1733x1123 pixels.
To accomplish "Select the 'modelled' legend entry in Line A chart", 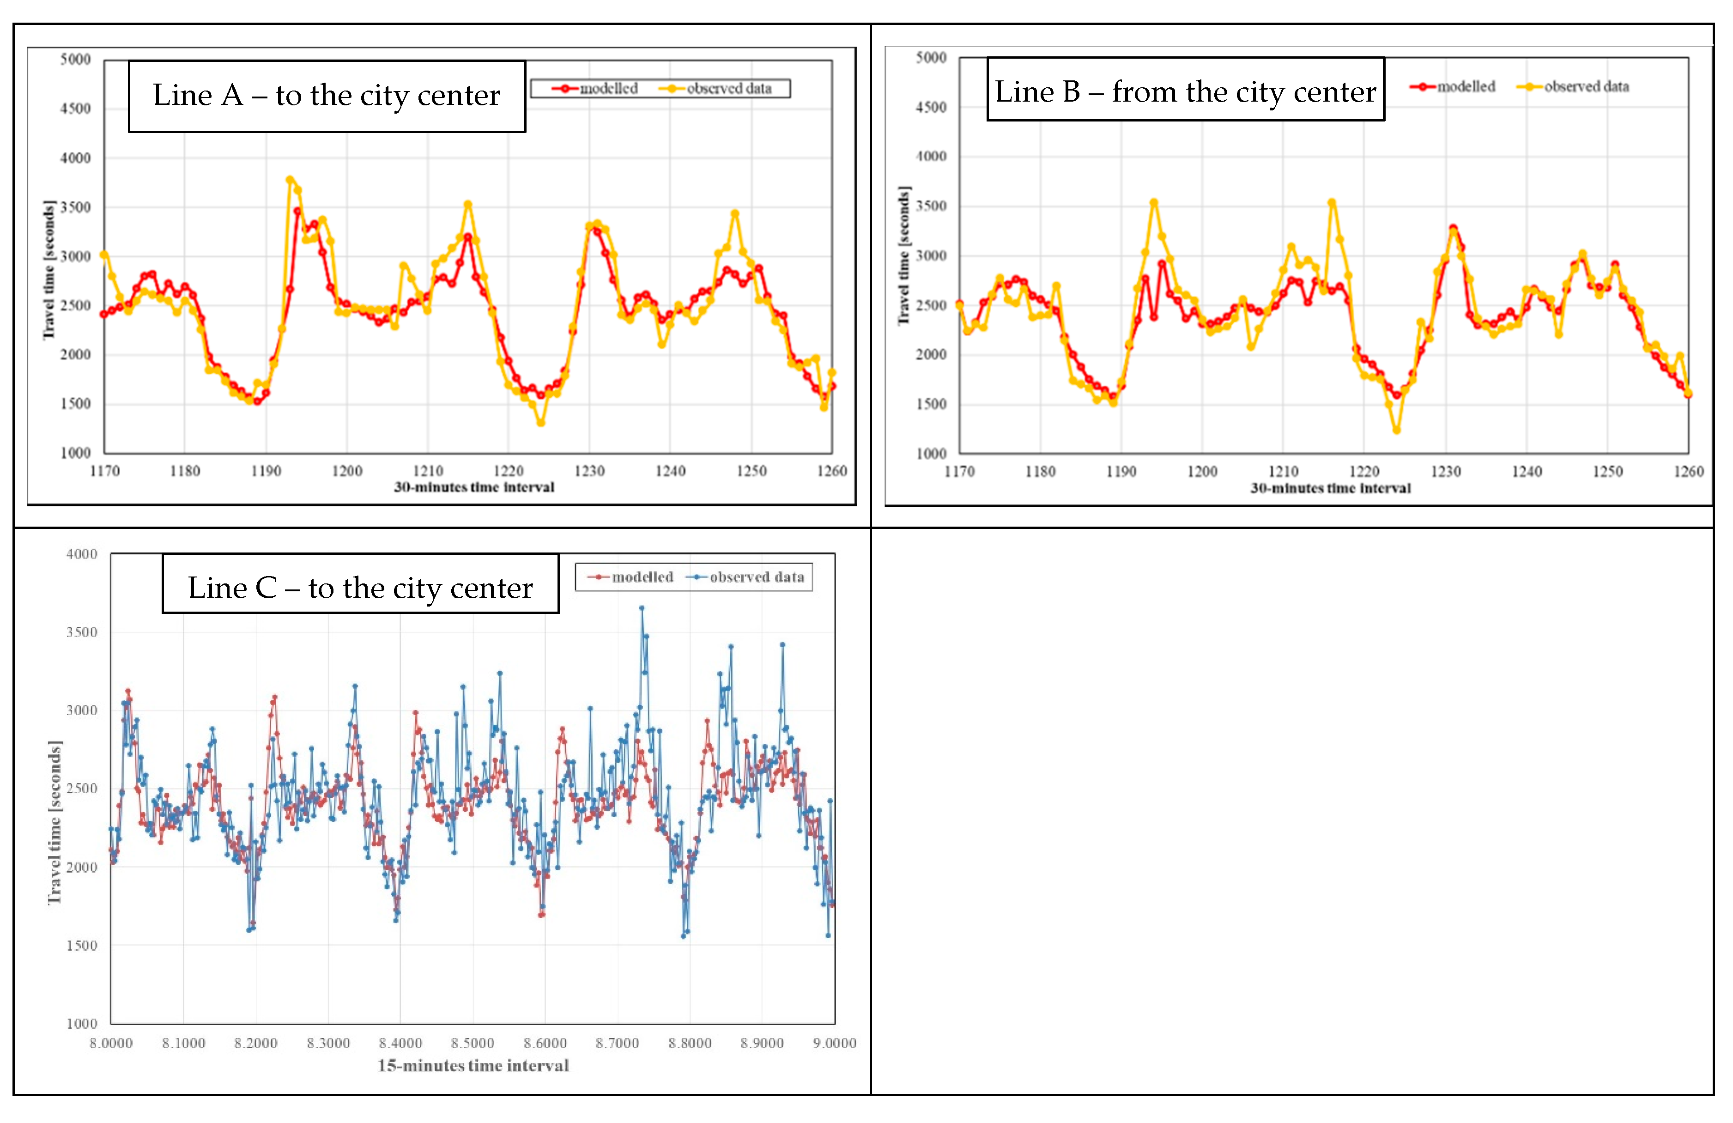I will point(596,89).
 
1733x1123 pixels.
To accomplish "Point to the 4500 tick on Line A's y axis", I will point(76,109).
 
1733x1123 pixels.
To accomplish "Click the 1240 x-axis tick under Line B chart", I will point(1526,472).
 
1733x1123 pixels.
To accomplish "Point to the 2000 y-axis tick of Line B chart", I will point(931,355).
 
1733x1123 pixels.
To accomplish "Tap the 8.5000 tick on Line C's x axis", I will point(473,1043).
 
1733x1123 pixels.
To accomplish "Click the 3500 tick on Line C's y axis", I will point(82,632).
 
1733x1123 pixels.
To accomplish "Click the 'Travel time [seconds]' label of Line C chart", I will point(55,823).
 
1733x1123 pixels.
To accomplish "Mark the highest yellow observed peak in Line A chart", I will point(290,179).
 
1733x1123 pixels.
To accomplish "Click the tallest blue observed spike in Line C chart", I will point(642,607).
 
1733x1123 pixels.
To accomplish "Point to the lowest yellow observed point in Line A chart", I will point(540,422).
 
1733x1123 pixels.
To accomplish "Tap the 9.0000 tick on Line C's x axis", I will point(835,1043).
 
